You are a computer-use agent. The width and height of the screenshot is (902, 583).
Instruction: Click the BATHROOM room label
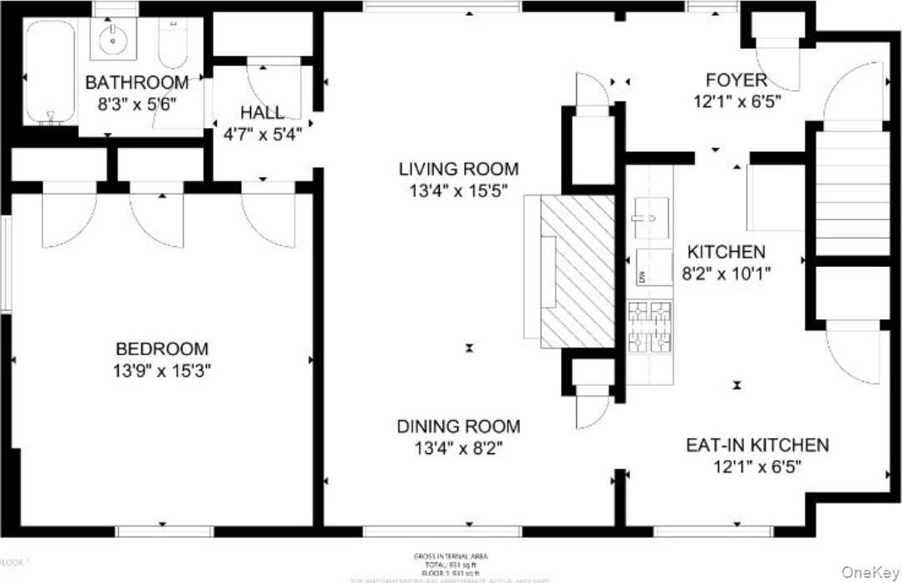[x=136, y=83]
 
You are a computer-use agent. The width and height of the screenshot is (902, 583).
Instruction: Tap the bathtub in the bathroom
[x=50, y=73]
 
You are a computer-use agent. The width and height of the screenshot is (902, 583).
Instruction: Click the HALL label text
[x=262, y=112]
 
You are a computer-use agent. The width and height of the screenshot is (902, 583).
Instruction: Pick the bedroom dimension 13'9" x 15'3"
[x=162, y=370]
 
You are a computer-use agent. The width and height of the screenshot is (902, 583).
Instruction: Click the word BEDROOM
[x=162, y=349]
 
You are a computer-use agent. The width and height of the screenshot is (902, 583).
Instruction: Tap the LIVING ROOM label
[x=458, y=170]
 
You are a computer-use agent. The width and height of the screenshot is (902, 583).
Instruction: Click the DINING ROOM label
[x=458, y=427]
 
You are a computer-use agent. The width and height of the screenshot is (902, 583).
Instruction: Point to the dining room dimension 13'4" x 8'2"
[x=458, y=448]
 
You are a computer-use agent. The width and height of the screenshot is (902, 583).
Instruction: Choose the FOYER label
[x=736, y=81]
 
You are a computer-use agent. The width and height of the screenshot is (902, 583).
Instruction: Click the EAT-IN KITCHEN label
[x=757, y=445]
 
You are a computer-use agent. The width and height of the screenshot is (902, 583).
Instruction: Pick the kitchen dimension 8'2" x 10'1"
[x=726, y=273]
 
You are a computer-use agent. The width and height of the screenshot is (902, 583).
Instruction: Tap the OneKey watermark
[x=870, y=572]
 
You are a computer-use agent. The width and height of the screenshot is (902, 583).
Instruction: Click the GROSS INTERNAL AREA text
[x=451, y=556]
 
